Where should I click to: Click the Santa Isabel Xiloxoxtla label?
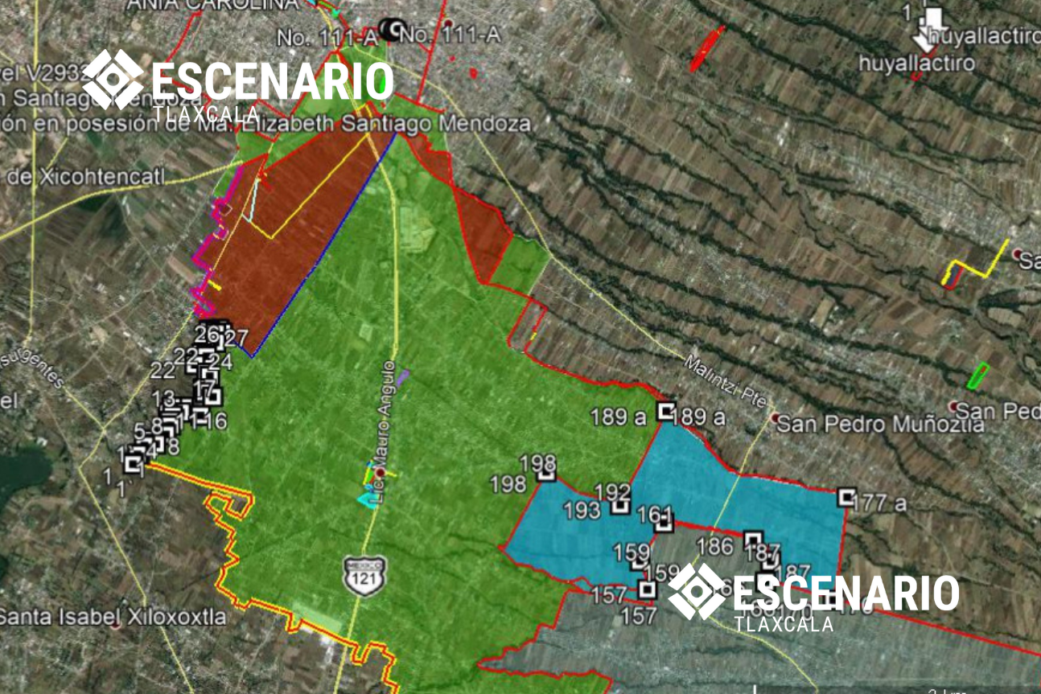pyautogui.click(x=113, y=618)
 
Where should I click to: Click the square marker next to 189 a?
pyautogui.click(x=665, y=412)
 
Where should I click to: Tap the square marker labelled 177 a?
pyautogui.click(x=846, y=497)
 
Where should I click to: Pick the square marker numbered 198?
pyautogui.click(x=546, y=473)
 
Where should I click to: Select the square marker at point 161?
pyautogui.click(x=663, y=524)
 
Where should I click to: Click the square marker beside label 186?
pyautogui.click(x=752, y=540)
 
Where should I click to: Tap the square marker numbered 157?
pyautogui.click(x=646, y=589)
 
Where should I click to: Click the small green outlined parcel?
pyautogui.click(x=977, y=376)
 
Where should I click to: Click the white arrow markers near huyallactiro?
pyautogui.click(x=932, y=28)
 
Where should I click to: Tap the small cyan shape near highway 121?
pyautogui.click(x=367, y=499)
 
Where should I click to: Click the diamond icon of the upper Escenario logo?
pyautogui.click(x=113, y=79)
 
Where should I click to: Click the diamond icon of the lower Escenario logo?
pyautogui.click(x=697, y=591)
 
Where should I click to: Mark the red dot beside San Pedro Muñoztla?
pyautogui.click(x=774, y=418)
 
